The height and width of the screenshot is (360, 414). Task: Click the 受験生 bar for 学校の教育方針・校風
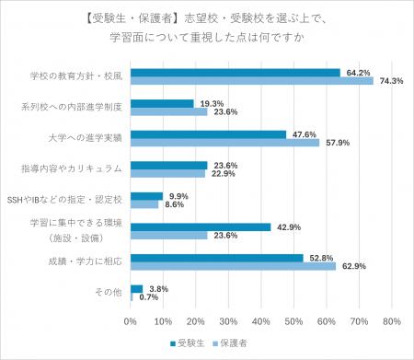pyautogui.click(x=235, y=71)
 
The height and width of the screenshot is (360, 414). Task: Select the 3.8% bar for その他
pyautogui.click(x=136, y=288)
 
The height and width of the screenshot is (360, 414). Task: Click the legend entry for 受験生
pyautogui.click(x=190, y=342)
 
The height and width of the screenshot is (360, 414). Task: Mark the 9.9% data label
pyautogui.click(x=177, y=195)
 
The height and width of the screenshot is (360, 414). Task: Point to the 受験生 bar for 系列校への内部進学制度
pyautogui.click(x=162, y=102)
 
